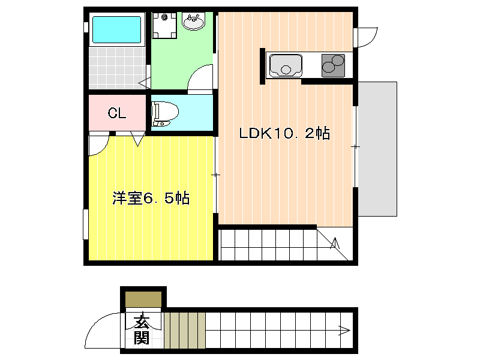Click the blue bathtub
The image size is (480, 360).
[x=116, y=29]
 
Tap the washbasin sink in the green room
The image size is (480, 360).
[x=193, y=21]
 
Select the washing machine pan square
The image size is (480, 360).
[x=164, y=25]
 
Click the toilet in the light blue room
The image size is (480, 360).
[x=164, y=114]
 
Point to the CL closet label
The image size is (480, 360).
[x=117, y=113]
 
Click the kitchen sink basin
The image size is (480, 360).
[x=286, y=65]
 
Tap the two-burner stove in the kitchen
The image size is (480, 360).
[x=333, y=65]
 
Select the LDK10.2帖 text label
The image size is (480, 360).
[x=284, y=133]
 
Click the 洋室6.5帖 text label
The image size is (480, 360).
[x=151, y=198]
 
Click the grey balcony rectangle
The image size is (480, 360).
[x=377, y=149]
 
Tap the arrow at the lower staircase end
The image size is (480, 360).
[x=344, y=331]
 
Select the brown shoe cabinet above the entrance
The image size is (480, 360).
[x=143, y=299]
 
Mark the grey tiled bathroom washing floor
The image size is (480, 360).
[x=117, y=68]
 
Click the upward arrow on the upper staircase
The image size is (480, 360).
[x=335, y=242]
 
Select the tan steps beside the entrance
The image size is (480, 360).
[x=185, y=331]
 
